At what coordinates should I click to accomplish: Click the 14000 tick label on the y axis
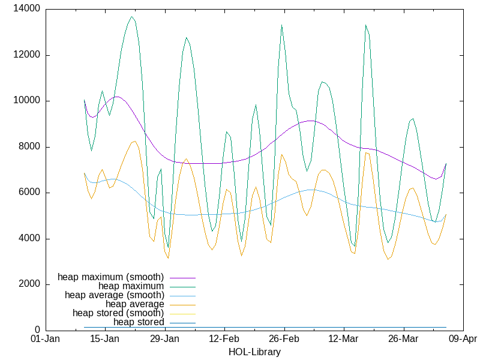coord(28,9)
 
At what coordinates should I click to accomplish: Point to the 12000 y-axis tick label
coord(28,55)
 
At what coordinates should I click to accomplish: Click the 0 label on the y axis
coord(37,330)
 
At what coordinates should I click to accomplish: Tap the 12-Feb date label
coord(224,340)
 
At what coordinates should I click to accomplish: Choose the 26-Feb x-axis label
coord(284,340)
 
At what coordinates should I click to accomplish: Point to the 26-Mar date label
coord(404,340)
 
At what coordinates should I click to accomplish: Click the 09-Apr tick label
coord(463,340)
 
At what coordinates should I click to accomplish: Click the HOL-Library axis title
coord(254,352)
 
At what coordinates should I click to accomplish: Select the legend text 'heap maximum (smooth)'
coord(111,277)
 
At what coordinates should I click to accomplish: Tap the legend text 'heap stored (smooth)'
coord(118,313)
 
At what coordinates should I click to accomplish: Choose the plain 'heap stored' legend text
coord(139,322)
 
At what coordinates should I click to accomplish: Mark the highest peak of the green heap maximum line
coord(132,17)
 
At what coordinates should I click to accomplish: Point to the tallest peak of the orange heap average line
coord(135,141)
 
